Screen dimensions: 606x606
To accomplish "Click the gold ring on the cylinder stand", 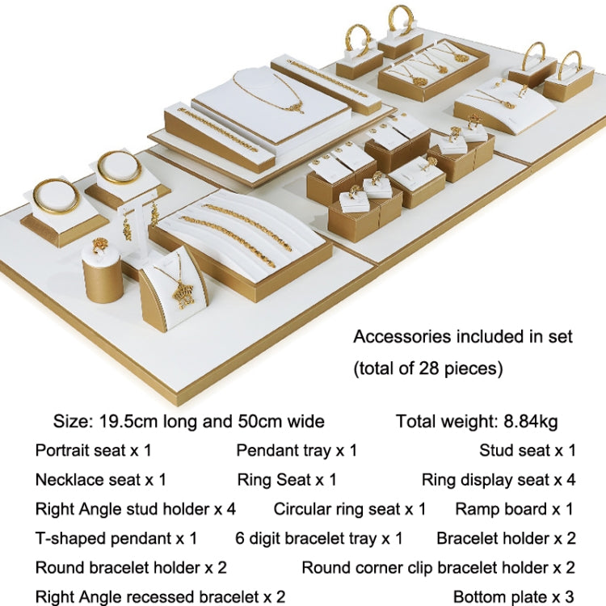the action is click(99, 245).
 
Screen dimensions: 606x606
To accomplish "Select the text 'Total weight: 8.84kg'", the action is click(477, 421).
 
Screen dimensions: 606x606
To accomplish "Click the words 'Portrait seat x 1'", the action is click(93, 450).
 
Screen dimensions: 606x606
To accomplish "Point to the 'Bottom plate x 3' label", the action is click(514, 597).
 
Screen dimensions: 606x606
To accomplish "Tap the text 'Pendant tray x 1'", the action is click(297, 450).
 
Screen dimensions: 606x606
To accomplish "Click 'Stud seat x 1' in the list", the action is click(528, 450).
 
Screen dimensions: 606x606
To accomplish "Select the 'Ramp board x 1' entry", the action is click(515, 509).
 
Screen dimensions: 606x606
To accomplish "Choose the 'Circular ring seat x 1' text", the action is click(350, 509).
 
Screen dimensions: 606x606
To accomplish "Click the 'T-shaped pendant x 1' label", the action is click(116, 538).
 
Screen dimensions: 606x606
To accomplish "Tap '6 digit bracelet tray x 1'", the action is click(319, 538).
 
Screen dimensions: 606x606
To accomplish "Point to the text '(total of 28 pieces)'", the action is click(428, 368).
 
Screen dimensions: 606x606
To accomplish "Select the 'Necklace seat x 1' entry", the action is click(100, 480).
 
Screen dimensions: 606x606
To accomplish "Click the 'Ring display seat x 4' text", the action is click(499, 480).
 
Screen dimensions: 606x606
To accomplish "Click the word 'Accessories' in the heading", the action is click(402, 337).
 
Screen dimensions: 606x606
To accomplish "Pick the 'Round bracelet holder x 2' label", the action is click(131, 568).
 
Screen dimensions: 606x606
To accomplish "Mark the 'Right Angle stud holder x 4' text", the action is click(135, 509).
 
